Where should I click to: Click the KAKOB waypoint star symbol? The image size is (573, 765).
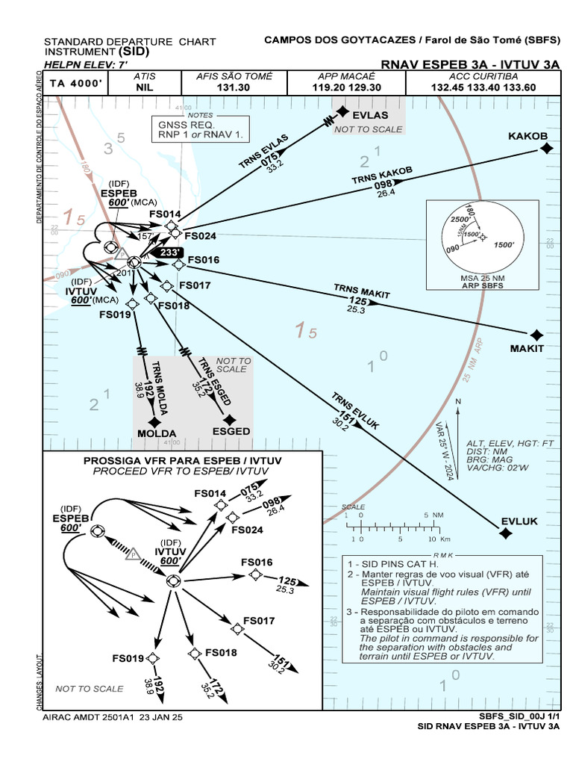546,149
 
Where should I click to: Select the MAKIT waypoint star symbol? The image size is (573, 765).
536,335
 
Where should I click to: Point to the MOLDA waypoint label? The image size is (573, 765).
157,434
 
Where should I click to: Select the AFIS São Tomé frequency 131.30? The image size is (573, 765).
234,87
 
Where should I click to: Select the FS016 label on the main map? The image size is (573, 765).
204,261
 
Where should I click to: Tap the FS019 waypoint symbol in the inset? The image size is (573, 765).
153,657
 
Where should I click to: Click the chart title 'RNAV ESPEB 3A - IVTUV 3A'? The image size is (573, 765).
470,65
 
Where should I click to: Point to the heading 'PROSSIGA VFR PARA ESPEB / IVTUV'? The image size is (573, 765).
183,461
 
